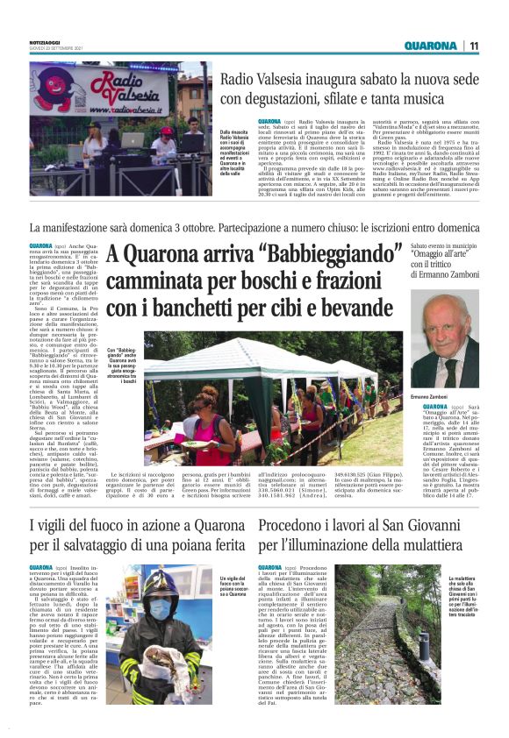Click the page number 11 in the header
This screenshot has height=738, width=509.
[473, 46]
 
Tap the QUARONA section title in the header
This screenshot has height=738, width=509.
[431, 46]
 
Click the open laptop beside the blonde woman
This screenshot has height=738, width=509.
[131, 139]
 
